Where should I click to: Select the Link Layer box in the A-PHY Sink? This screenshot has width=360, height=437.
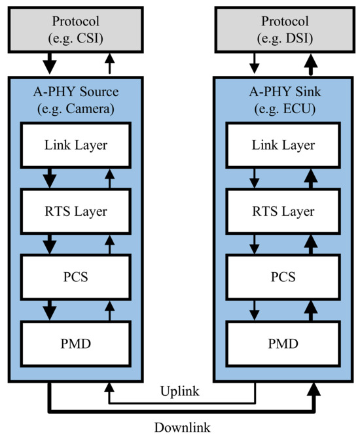tap(283, 145)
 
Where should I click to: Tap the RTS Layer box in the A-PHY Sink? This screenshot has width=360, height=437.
tap(283, 211)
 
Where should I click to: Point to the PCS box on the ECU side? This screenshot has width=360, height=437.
tap(283, 276)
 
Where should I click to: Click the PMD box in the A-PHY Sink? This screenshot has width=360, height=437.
tap(283, 342)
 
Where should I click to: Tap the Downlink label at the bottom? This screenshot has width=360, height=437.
tap(181, 427)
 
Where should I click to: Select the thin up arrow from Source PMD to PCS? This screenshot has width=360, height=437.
tap(109, 309)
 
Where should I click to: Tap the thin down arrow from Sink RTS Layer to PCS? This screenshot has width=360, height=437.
tap(254, 243)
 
